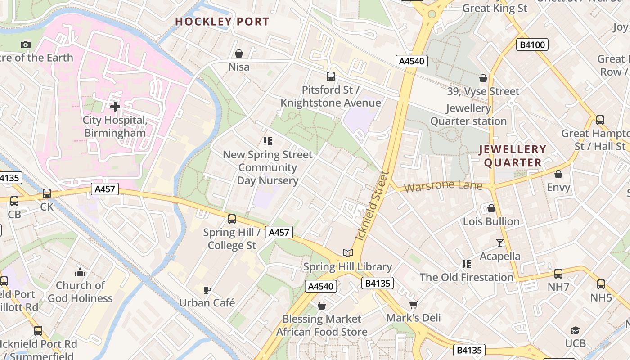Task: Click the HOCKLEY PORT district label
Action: tap(222, 22)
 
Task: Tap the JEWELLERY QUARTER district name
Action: tap(513, 156)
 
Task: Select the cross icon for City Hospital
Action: tap(115, 107)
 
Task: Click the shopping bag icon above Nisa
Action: tap(239, 54)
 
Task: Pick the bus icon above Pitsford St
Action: tap(331, 76)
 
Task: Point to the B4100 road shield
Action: tap(532, 45)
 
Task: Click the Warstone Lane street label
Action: tap(443, 186)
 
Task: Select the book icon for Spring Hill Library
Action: tap(347, 253)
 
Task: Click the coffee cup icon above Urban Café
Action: tap(207, 289)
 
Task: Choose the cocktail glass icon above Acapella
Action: tap(500, 243)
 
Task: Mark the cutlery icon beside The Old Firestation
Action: tap(467, 264)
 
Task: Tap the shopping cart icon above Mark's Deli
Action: tap(414, 305)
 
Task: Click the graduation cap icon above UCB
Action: tap(575, 331)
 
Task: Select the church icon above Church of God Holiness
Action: tap(80, 272)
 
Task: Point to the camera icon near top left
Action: tap(26, 45)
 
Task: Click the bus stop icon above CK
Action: tap(47, 194)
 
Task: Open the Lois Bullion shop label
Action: tap(491, 221)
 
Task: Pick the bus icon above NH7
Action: tap(558, 273)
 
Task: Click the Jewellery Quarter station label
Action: tap(468, 115)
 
